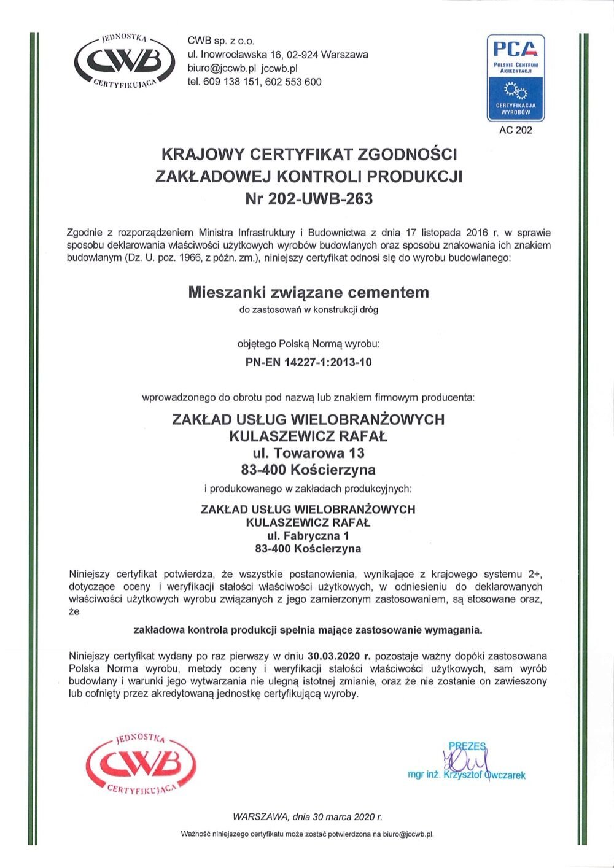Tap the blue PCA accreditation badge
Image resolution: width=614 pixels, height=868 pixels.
click(515, 77)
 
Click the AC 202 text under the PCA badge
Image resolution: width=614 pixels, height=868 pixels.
click(516, 130)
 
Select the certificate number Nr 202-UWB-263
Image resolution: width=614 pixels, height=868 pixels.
click(308, 199)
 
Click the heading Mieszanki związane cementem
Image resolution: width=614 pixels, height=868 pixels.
click(308, 292)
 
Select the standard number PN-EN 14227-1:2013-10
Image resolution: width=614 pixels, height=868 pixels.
click(308, 362)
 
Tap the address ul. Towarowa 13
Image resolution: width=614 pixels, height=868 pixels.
click(308, 453)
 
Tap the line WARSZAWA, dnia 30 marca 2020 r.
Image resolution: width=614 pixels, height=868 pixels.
click(308, 817)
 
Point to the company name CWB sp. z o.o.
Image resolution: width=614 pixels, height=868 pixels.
click(220, 41)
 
